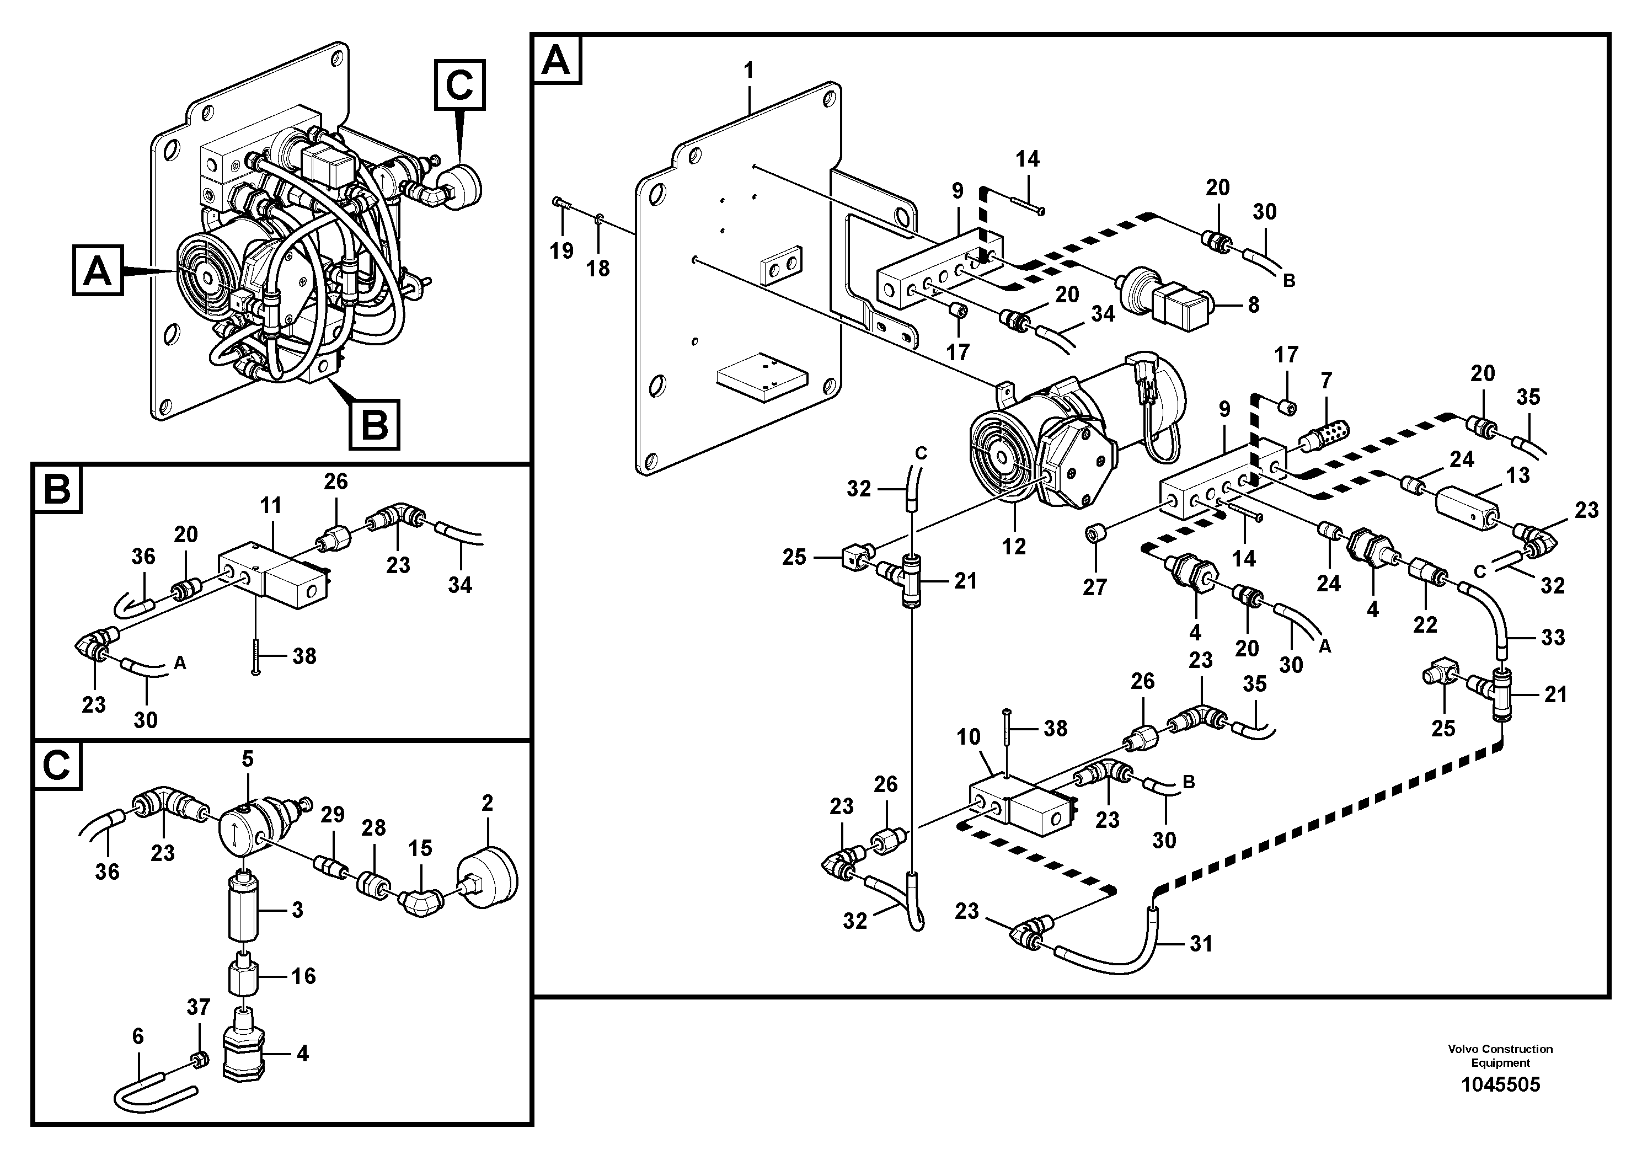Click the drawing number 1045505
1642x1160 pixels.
click(x=1500, y=1085)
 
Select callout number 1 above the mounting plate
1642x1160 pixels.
click(x=749, y=71)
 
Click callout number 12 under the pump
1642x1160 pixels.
click(x=1014, y=547)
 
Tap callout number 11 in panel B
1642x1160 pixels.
click(x=271, y=506)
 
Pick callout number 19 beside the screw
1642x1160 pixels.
click(x=561, y=250)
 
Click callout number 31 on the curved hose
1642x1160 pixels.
click(x=1201, y=944)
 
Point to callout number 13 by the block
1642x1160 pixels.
click(x=1517, y=475)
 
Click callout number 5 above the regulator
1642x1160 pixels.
click(x=248, y=760)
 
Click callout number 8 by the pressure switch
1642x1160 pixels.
click(x=1253, y=304)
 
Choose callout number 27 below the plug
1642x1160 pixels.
click(x=1094, y=586)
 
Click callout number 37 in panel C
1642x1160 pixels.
click(x=198, y=1007)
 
